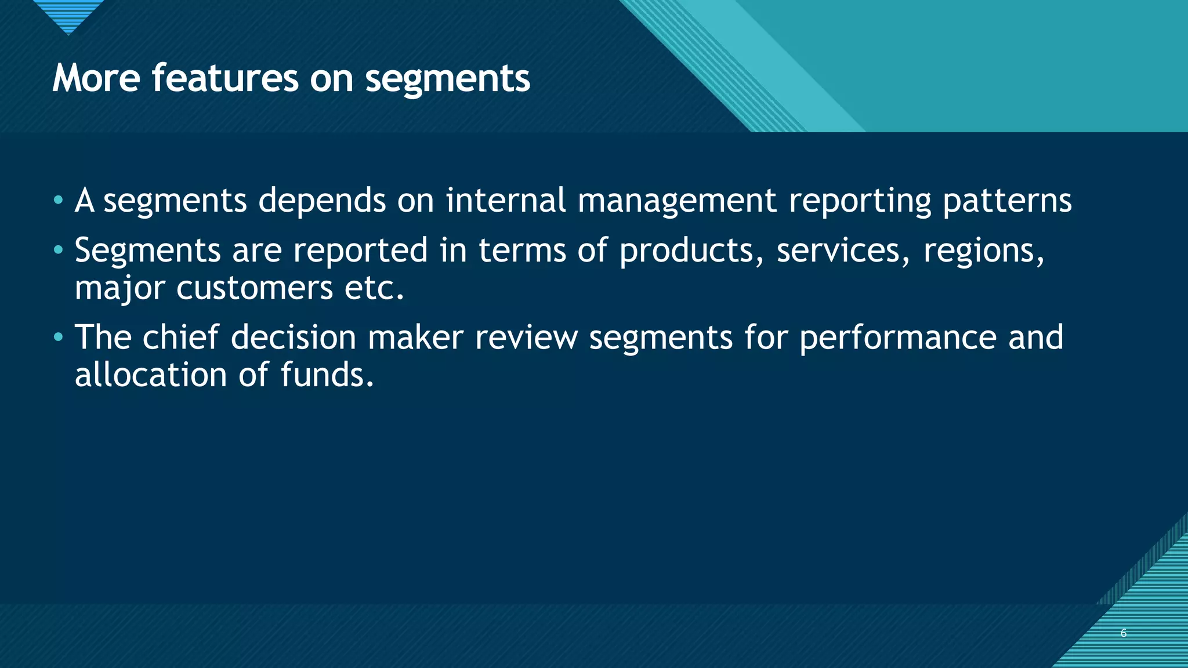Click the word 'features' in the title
click(224, 78)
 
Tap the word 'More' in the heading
click(96, 78)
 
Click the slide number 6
click(1124, 633)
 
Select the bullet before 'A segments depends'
click(58, 201)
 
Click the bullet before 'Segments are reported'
click(58, 251)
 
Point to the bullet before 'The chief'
click(58, 337)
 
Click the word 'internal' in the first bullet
click(505, 201)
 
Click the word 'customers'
click(255, 288)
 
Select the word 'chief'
click(180, 337)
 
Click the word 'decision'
click(294, 337)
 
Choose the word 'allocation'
click(151, 375)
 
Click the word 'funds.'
click(327, 375)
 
